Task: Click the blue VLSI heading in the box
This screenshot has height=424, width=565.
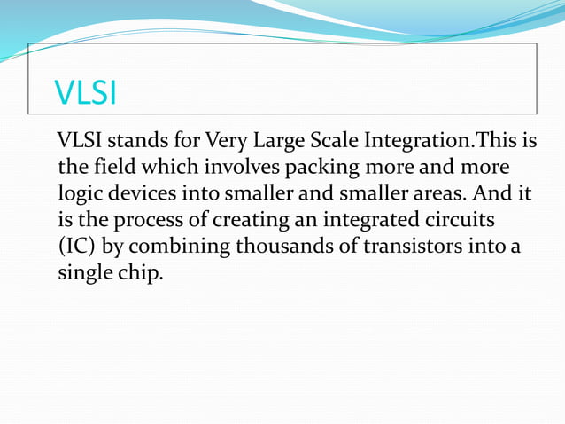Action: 86,93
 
